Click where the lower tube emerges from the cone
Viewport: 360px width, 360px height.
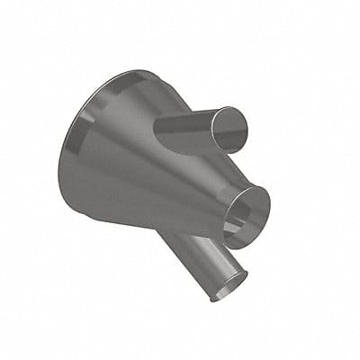tap(180, 236)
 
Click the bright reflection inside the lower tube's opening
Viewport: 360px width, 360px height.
tap(229, 283)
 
